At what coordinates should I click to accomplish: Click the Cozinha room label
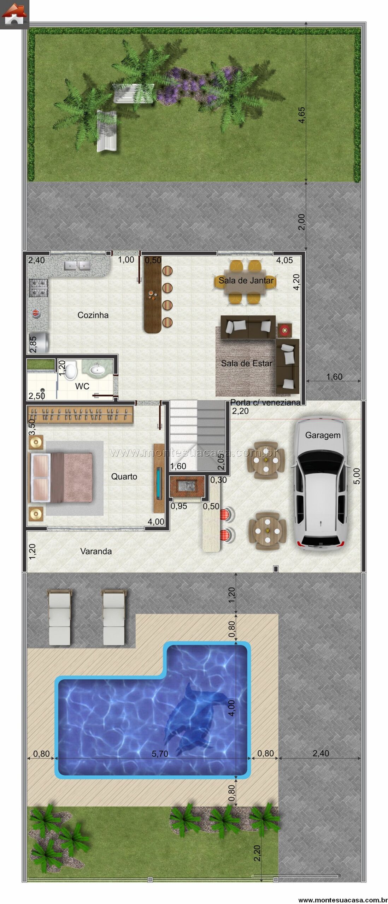pyautogui.click(x=93, y=315)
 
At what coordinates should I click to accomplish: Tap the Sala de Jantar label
pyautogui.click(x=246, y=280)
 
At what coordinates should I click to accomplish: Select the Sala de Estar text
pyautogui.click(x=247, y=363)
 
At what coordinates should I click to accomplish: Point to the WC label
pyautogui.click(x=82, y=386)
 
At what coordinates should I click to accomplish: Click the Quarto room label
pyautogui.click(x=124, y=476)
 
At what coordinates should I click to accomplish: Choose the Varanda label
pyautogui.click(x=96, y=551)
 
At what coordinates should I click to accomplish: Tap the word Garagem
pyautogui.click(x=323, y=435)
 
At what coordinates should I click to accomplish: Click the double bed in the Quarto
pyautogui.click(x=62, y=477)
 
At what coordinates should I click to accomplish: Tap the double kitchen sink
pyautogui.click(x=77, y=265)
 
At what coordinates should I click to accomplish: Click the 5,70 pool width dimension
pyautogui.click(x=160, y=754)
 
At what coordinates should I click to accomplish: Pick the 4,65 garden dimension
pyautogui.click(x=301, y=115)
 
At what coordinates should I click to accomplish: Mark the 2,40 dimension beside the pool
pyautogui.click(x=321, y=753)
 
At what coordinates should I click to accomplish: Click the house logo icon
pyautogui.click(x=14, y=14)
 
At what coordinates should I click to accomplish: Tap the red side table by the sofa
pyautogui.click(x=284, y=331)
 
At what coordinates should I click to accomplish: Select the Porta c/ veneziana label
pyautogui.click(x=265, y=402)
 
